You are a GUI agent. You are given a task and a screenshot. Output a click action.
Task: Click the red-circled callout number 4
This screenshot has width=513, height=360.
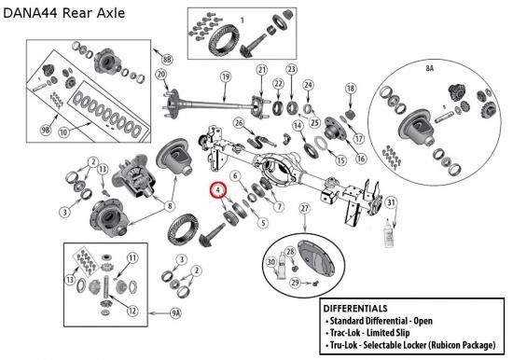point(218,190)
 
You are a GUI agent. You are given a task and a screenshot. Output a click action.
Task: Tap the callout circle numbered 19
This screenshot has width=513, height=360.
point(226,77)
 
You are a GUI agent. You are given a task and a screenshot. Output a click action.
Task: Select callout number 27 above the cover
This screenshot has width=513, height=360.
point(305,209)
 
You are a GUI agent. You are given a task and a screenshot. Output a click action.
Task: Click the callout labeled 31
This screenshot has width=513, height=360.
point(392,202)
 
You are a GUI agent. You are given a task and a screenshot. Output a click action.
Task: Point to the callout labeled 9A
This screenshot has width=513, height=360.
point(175,313)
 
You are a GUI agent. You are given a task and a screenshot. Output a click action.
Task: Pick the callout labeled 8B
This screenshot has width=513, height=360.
point(167,59)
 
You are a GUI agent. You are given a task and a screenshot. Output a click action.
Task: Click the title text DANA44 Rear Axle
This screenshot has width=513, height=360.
point(64,13)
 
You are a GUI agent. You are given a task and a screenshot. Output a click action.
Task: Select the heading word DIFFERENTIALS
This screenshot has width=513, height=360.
point(355,309)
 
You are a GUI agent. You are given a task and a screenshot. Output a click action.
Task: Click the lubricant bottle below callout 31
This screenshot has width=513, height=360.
point(389,233)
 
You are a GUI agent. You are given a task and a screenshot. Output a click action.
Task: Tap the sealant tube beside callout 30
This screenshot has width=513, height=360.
point(282,266)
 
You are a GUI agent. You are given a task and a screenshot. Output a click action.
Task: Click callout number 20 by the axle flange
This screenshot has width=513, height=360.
point(161,75)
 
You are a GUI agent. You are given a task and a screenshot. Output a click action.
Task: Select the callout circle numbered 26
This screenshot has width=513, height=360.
point(239,123)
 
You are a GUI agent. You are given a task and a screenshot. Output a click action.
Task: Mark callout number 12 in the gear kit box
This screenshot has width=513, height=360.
point(132,311)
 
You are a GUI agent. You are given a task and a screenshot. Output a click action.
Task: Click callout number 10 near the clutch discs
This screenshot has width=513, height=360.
point(63,132)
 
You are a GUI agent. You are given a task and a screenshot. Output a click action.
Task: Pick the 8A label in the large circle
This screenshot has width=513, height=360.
point(429,68)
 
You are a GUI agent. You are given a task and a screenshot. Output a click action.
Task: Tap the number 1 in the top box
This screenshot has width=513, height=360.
point(243,21)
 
